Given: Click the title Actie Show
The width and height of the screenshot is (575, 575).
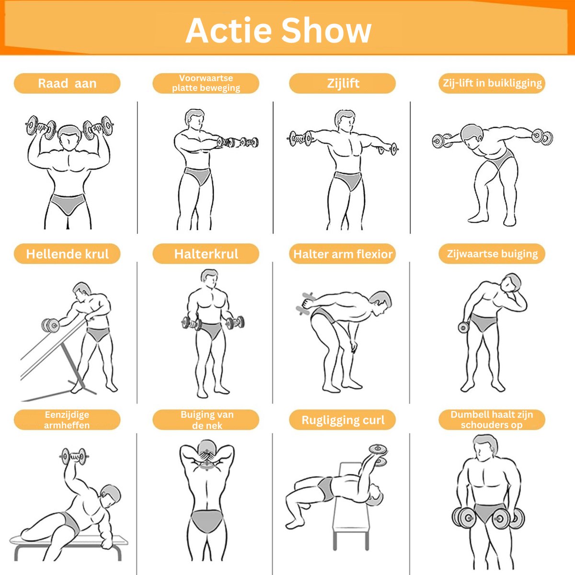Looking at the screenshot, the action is tap(278, 31).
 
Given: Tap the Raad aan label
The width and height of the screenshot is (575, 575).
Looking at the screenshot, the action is tap(67, 83).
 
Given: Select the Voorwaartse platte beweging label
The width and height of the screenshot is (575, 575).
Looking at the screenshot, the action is tap(206, 83).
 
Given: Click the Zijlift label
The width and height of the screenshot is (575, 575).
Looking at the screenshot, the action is tap(343, 83).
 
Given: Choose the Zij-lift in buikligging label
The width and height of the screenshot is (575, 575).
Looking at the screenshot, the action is tap(492, 83).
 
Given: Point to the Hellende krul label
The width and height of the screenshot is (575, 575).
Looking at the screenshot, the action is tap(67, 253).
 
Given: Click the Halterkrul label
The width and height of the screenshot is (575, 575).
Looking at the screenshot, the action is tap(206, 253).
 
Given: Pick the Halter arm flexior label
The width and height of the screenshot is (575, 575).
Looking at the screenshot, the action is tap(343, 253).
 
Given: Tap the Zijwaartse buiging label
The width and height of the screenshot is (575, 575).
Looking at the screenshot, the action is tap(492, 253).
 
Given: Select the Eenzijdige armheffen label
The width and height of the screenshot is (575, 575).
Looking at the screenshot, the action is tap(67, 420).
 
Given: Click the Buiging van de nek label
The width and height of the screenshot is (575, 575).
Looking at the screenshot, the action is tap(206, 420).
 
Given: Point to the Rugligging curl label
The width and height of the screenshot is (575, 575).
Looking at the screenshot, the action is tap(343, 420).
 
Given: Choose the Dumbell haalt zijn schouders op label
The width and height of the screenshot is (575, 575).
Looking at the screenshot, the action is tap(492, 420).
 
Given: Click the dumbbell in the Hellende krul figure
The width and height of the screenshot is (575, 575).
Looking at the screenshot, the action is tap(50, 325).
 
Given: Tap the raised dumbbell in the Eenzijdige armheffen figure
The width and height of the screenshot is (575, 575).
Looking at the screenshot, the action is tap(74, 456).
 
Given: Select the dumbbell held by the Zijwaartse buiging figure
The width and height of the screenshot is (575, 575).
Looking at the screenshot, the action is tap(464, 327).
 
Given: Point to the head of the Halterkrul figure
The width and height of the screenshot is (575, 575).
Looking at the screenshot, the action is tap(209, 278).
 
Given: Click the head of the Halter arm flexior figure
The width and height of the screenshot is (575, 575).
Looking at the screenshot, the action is tap(380, 303).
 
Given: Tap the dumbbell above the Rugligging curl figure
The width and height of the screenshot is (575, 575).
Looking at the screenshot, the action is tap(379, 456).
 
